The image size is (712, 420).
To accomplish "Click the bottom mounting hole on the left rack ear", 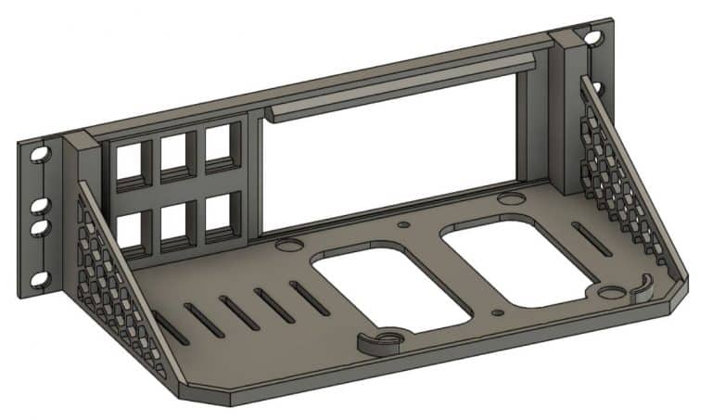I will coord(39,277).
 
